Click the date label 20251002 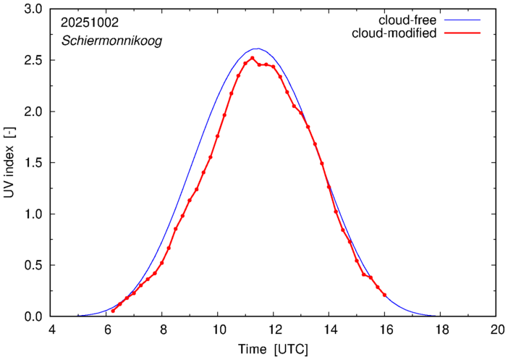coord(90,23)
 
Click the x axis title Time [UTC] coord(274,349)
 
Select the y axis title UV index coord(10,163)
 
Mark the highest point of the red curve coord(252,58)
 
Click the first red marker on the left coord(113,311)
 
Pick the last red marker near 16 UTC coord(384,295)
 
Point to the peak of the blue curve coord(258,49)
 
